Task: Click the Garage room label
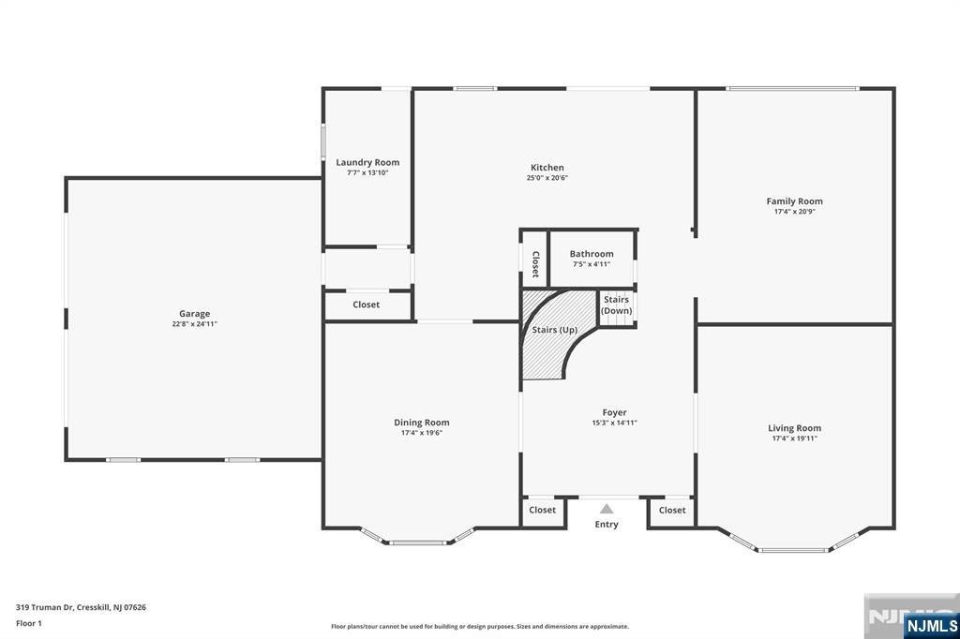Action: click(195, 314)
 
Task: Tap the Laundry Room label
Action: click(367, 162)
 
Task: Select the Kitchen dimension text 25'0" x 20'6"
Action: click(547, 178)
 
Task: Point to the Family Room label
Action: click(794, 201)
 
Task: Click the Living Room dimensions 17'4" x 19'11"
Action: click(794, 438)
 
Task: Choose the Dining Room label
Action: click(421, 423)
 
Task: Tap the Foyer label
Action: click(614, 412)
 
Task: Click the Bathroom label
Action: click(592, 254)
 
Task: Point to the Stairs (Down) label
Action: click(616, 305)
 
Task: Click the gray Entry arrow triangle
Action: click(607, 509)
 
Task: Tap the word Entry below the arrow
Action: click(607, 525)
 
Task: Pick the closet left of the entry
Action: click(543, 511)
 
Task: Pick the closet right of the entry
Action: click(672, 511)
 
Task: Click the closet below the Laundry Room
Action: click(367, 305)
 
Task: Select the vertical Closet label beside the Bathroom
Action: click(535, 264)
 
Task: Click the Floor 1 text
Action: click(29, 622)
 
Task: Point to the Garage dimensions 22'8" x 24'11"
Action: click(195, 324)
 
